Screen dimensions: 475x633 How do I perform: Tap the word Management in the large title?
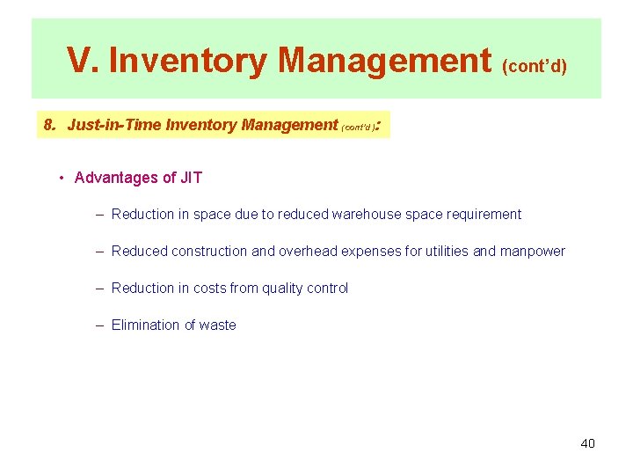[385, 60]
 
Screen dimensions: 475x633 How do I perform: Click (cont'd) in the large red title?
[535, 65]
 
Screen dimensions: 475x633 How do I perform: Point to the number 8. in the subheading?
[50, 125]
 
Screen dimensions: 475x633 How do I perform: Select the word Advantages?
[114, 178]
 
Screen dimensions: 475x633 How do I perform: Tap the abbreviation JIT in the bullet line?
[191, 178]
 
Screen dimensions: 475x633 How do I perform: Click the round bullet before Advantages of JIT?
[62, 178]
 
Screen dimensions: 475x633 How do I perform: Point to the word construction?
[210, 252]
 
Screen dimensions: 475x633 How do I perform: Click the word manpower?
[532, 252]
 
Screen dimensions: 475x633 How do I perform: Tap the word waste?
[217, 325]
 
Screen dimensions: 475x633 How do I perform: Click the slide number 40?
[587, 443]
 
